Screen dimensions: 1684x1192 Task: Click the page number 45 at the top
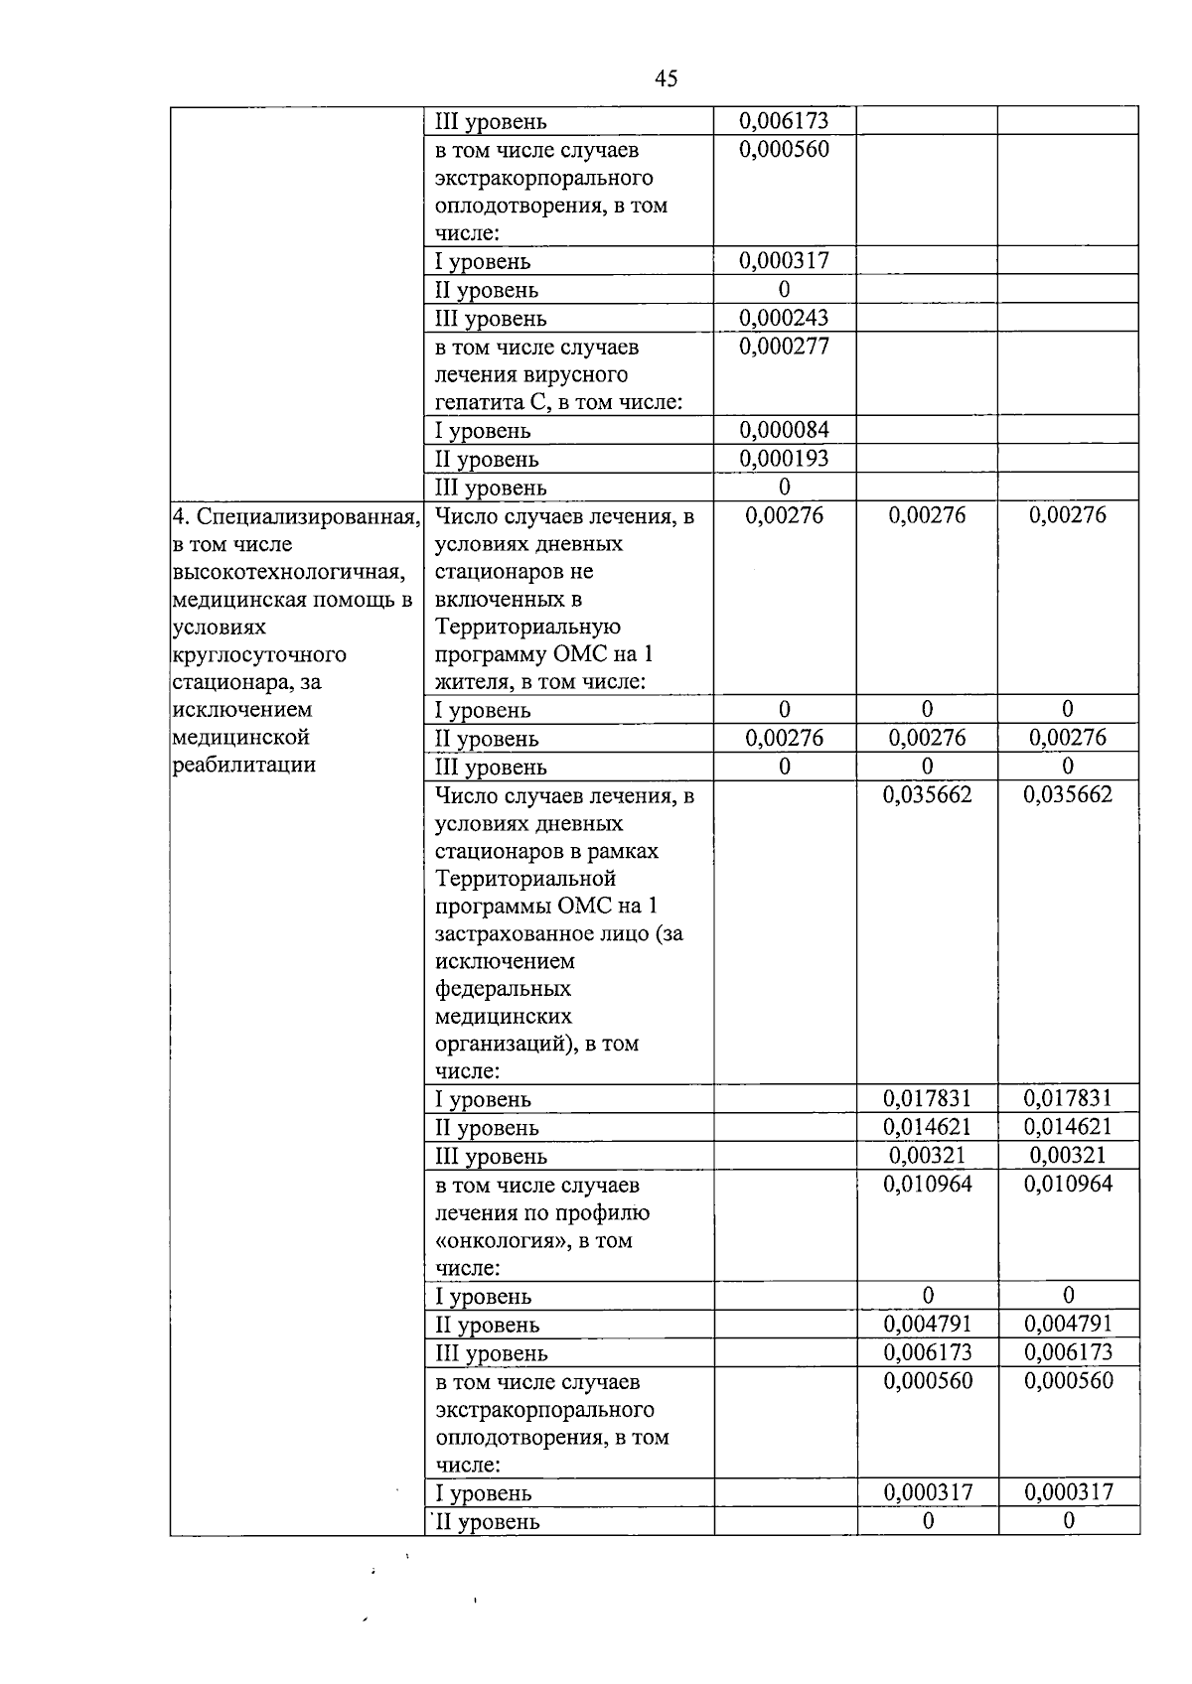point(667,79)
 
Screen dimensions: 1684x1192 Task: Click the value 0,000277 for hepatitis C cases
point(784,347)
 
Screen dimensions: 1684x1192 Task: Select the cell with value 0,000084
point(784,430)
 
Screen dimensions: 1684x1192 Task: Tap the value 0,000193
point(784,459)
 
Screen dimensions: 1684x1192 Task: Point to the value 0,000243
point(784,318)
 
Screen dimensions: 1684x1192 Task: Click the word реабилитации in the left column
point(244,765)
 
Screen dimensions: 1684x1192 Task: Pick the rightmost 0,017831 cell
point(1068,1098)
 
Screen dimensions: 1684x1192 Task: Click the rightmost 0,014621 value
point(1068,1127)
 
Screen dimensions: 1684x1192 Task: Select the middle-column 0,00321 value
point(927,1156)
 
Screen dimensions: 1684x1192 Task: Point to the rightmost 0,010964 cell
point(1068,1184)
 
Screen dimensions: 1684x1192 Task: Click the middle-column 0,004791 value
point(927,1325)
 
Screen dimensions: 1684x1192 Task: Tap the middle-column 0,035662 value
point(927,794)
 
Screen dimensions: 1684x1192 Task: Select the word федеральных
point(503,989)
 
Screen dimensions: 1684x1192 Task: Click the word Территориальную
point(527,628)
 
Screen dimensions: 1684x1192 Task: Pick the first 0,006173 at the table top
point(784,121)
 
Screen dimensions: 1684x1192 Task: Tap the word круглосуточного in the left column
point(259,655)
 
